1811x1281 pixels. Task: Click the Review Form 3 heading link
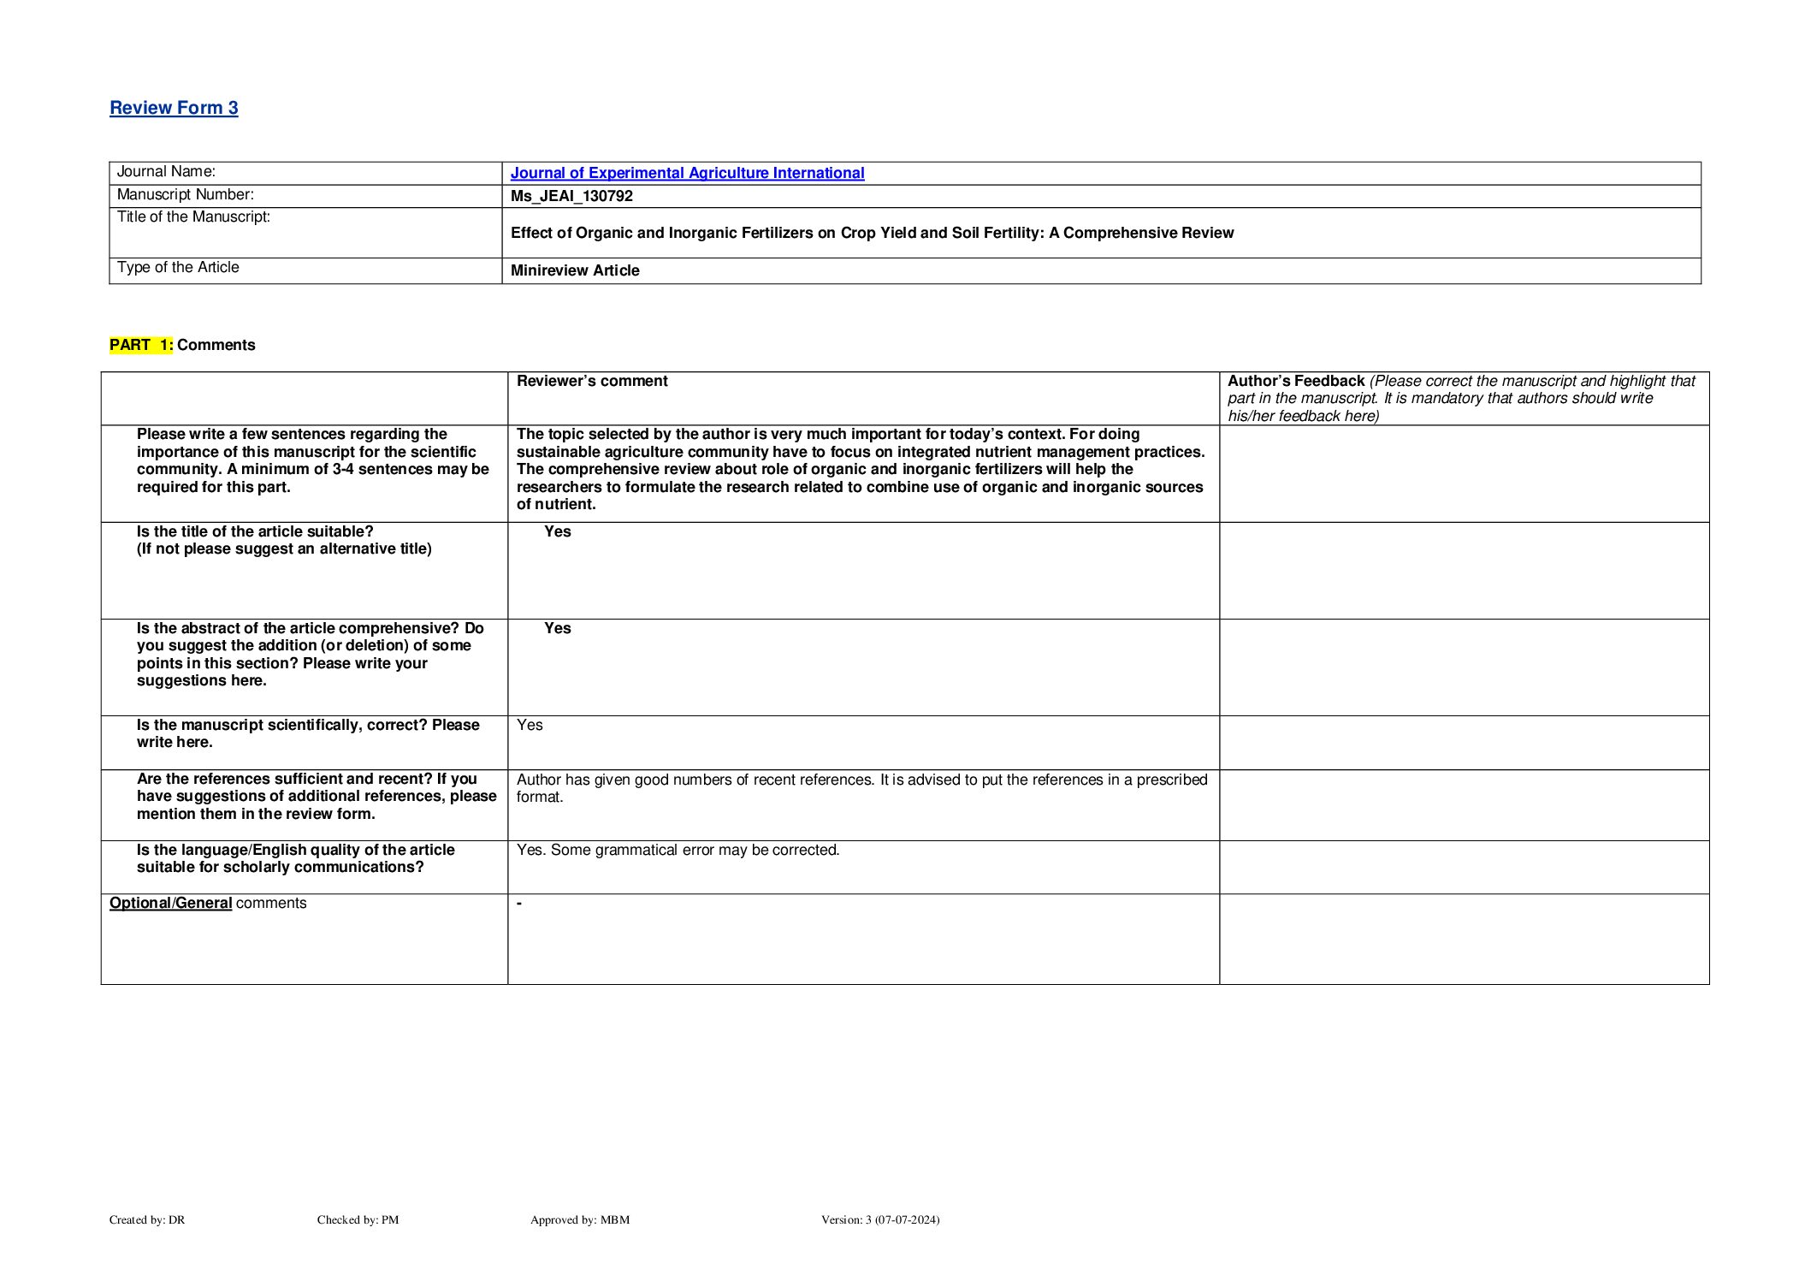coord(174,108)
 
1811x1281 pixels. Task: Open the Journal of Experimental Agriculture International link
coord(687,173)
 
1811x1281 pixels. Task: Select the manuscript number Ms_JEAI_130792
coord(571,196)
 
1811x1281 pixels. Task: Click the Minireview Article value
coord(575,270)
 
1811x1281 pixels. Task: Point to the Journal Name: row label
coord(166,172)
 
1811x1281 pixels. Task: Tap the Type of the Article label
coord(178,268)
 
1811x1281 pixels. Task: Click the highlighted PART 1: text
coord(141,345)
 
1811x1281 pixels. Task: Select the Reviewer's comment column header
coord(592,381)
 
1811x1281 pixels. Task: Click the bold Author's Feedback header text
coord(1295,381)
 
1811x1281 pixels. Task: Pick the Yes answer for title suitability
coord(558,531)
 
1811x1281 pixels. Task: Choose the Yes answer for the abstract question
coord(558,628)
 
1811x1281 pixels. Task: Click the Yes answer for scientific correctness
coord(530,725)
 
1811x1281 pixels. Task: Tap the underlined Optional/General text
coord(171,903)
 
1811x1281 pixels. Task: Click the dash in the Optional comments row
coord(519,904)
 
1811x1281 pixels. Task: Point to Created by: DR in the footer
coord(147,1220)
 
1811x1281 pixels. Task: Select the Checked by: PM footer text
coord(358,1220)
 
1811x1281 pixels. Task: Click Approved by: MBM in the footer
coord(580,1220)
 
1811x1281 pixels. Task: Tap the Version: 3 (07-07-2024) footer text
coord(880,1220)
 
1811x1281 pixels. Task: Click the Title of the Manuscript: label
coord(193,217)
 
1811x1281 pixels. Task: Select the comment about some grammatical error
coord(678,850)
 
